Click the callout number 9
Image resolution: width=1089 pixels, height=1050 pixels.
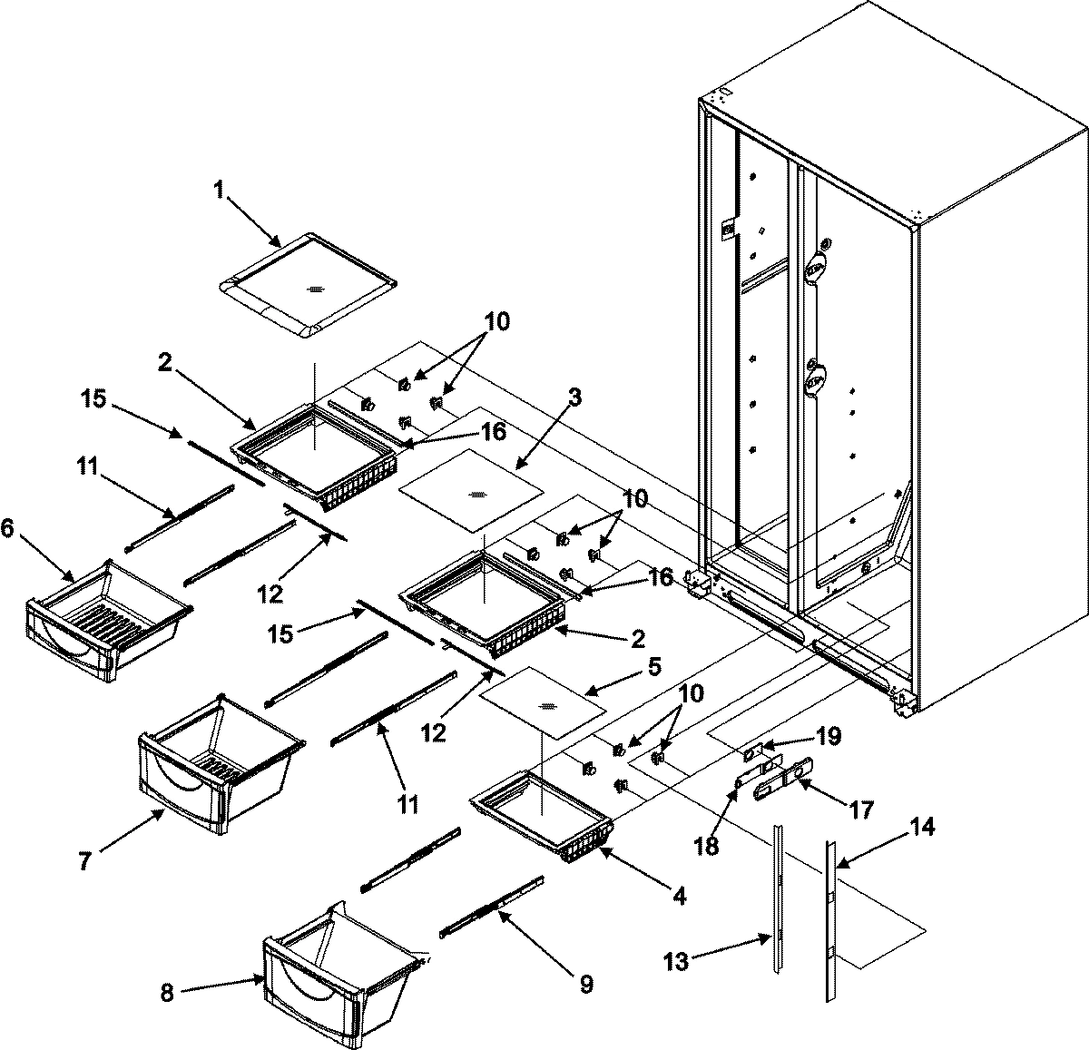click(x=586, y=984)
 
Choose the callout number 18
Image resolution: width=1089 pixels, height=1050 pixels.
click(x=707, y=846)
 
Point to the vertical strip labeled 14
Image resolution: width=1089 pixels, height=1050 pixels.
click(x=831, y=917)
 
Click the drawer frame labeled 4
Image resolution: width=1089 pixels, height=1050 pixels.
click(x=543, y=817)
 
